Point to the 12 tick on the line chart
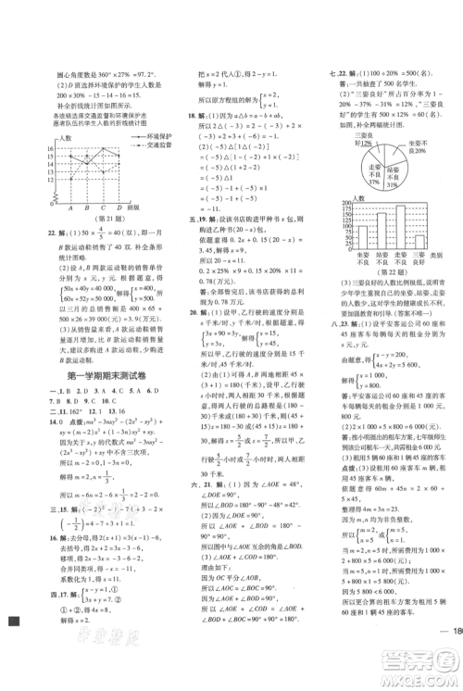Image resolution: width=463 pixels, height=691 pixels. [x=36, y=182]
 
